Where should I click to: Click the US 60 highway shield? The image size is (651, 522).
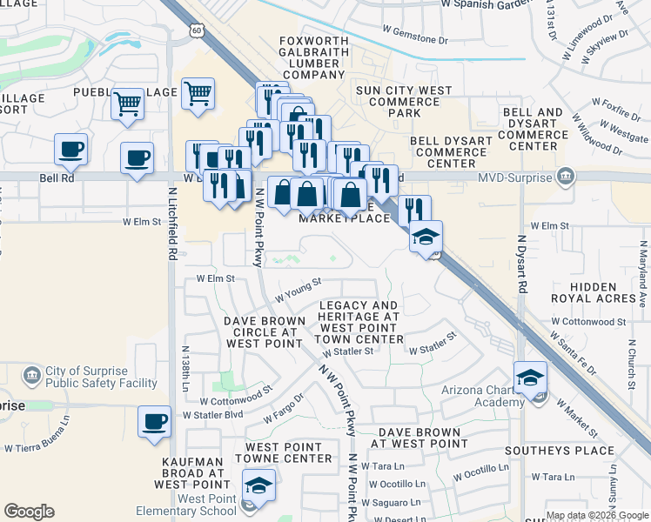(198, 30)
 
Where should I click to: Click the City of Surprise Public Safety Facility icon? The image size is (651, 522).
(32, 375)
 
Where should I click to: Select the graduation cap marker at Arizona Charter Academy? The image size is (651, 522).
(530, 378)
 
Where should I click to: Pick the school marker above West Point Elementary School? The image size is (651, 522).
(258, 486)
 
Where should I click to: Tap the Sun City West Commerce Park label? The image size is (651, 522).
(404, 102)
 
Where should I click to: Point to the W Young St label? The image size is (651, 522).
(299, 290)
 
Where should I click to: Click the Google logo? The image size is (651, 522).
(29, 512)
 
